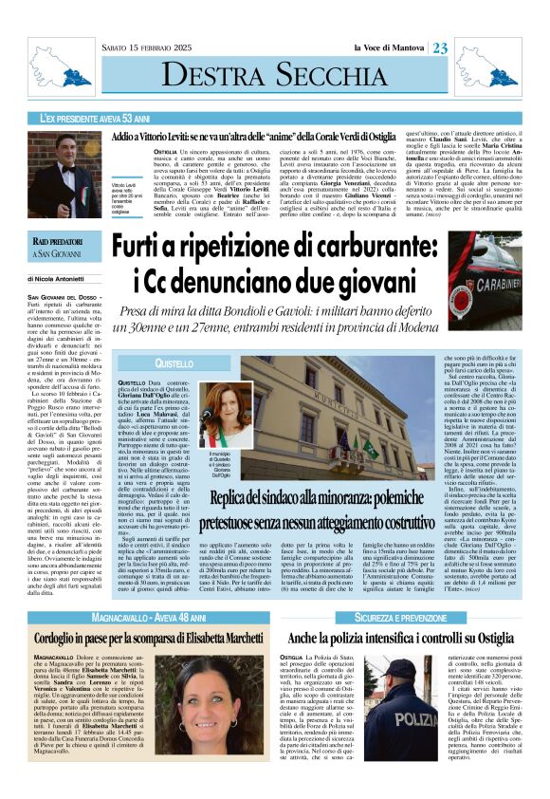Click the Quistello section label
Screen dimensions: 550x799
(x=174, y=363)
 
